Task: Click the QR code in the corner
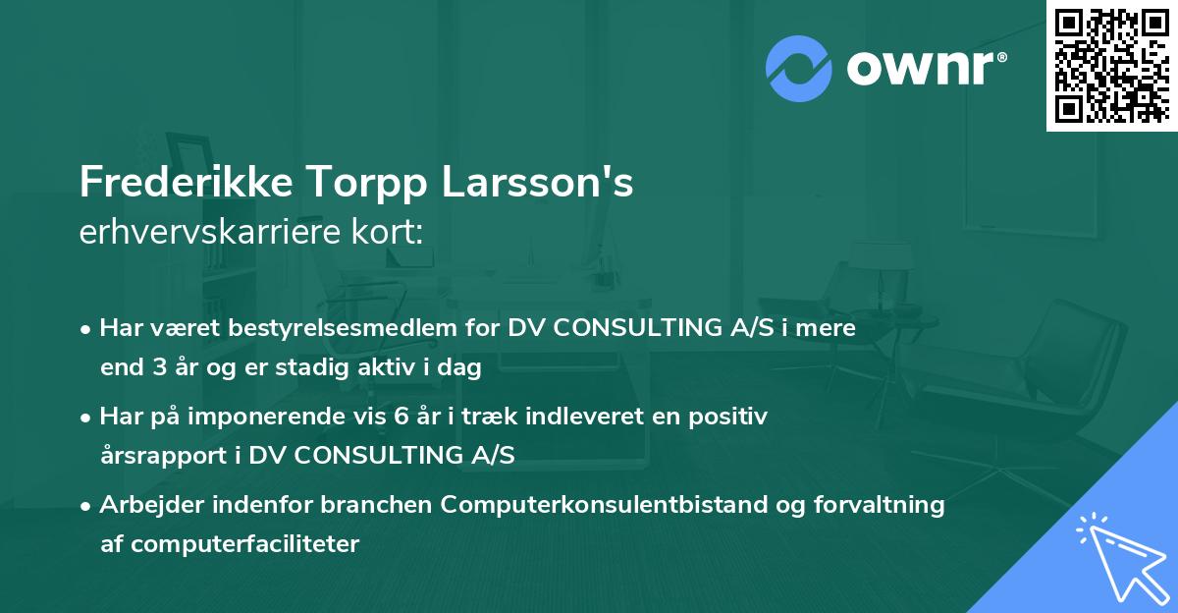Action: coord(1111,65)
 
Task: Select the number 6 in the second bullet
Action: coord(402,416)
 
